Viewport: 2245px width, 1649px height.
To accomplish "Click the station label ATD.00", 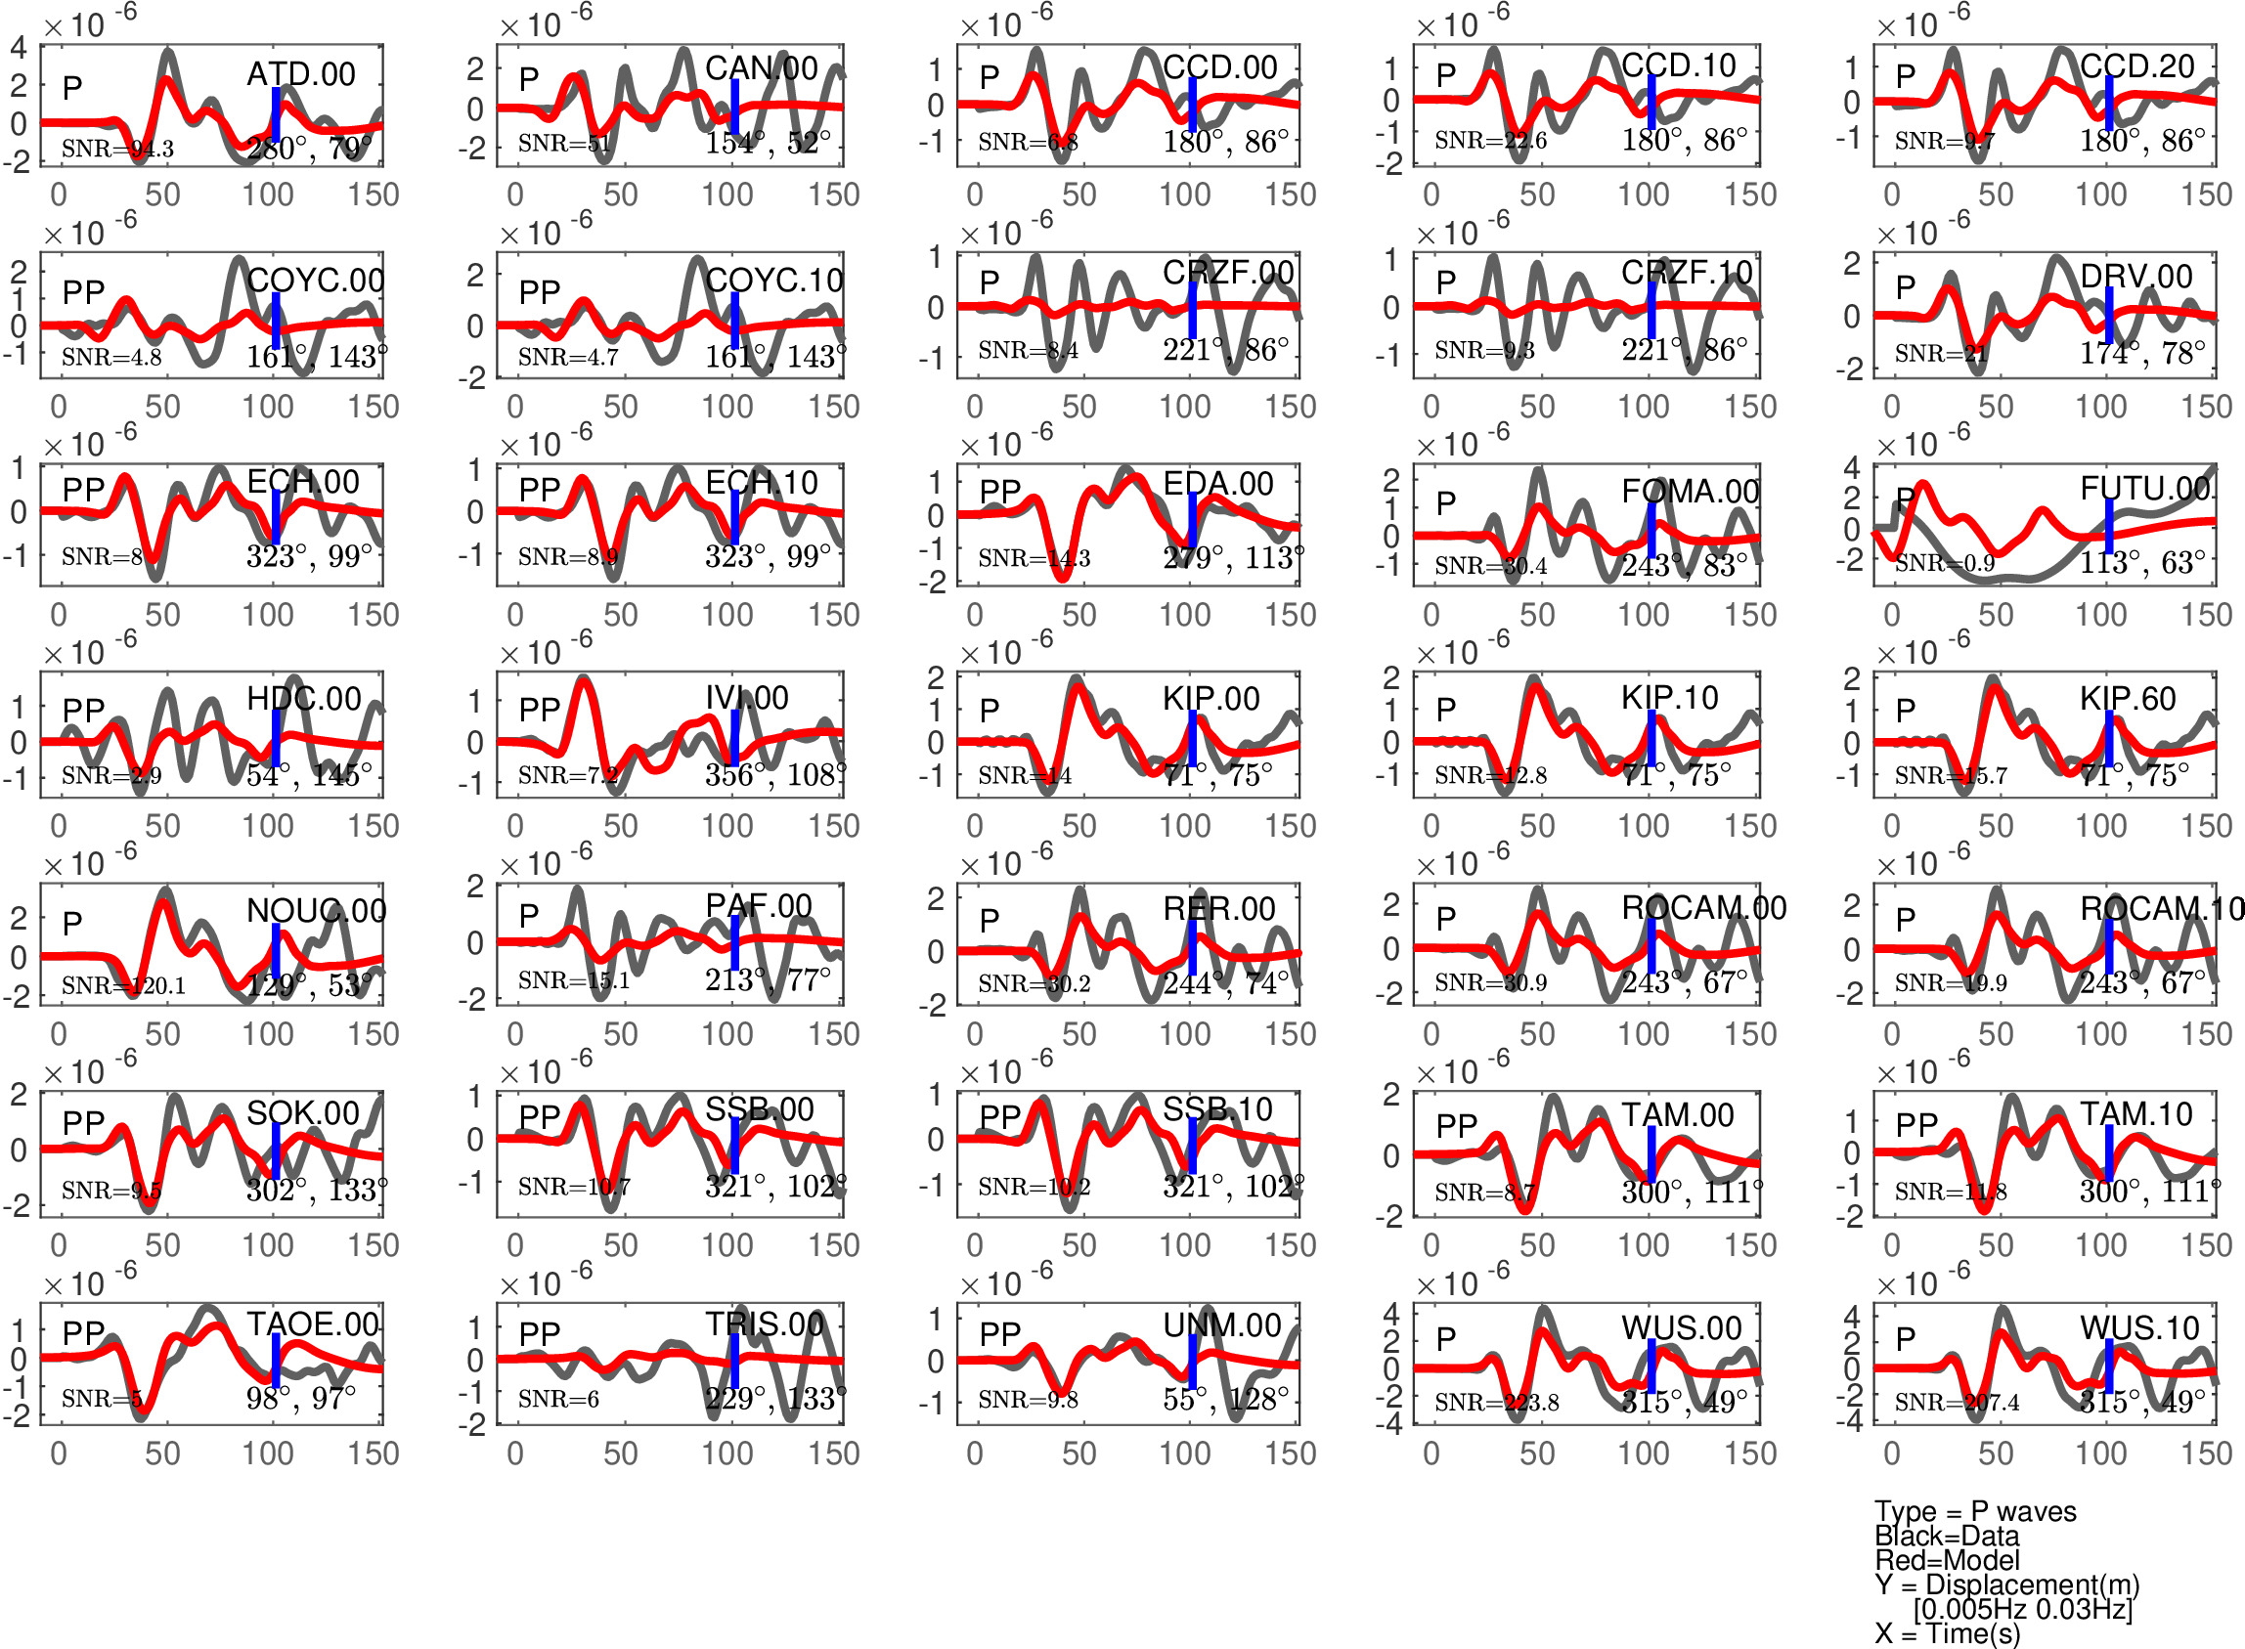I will point(300,74).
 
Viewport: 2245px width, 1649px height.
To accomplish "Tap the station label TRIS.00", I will point(765,1324).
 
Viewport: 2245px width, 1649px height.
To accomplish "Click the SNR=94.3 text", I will point(117,149).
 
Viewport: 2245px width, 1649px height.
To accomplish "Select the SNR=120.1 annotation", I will point(124,985).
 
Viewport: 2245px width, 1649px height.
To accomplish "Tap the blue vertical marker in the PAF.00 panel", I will point(734,941).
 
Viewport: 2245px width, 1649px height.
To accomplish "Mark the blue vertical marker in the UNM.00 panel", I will point(1193,1361).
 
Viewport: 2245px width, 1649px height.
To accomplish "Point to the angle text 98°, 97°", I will point(300,1398).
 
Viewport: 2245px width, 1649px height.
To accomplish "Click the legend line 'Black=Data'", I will point(1947,1537).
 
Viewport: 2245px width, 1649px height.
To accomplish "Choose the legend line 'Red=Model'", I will point(1947,1560).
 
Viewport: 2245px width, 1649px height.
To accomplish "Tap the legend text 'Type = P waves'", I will point(1974,1511).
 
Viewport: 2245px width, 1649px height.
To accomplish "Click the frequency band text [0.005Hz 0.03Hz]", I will point(2022,1609).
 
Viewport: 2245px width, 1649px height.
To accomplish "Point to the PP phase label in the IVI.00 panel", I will point(539,709).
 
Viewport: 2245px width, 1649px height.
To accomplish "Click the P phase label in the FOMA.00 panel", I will point(1445,503).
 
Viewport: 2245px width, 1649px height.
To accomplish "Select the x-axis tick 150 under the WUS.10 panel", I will point(2206,1454).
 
